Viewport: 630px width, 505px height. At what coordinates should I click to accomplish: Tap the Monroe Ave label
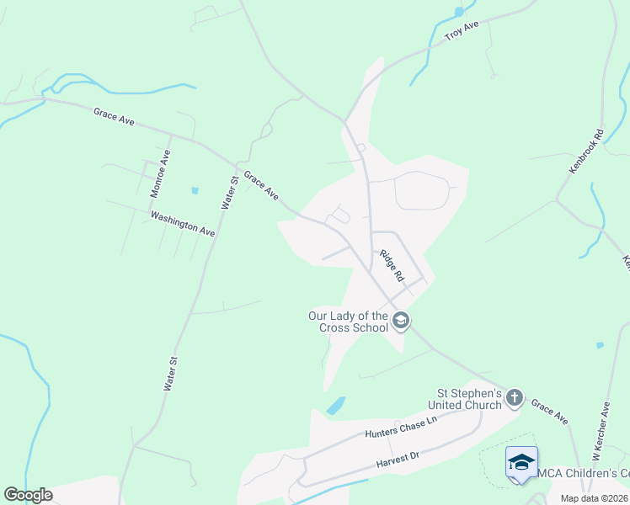coord(160,173)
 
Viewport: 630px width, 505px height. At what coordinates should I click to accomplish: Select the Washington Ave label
coord(183,223)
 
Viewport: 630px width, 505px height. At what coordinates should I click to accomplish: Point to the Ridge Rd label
coord(392,265)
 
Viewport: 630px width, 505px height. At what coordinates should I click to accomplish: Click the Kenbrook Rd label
coord(587,151)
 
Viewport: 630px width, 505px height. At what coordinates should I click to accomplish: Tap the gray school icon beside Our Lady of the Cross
coord(401,321)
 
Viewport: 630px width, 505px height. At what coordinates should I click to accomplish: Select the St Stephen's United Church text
coord(468,398)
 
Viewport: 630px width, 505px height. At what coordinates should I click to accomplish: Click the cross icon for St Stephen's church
coord(514,397)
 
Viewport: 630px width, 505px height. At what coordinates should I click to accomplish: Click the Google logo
coord(28,495)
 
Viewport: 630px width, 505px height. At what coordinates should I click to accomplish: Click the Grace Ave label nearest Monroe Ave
coord(115,116)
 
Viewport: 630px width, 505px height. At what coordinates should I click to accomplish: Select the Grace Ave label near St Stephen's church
coord(549,412)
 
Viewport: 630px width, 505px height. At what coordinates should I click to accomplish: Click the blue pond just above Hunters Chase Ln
coord(335,406)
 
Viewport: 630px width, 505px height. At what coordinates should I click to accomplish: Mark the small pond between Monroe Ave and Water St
coord(195,190)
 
